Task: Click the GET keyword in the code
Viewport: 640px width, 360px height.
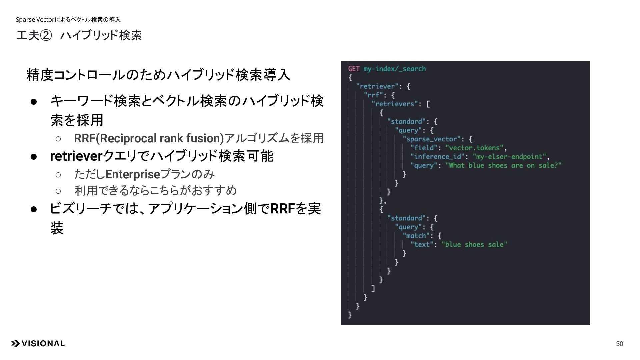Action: tap(354, 69)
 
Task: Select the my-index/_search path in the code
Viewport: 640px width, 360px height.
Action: tap(394, 69)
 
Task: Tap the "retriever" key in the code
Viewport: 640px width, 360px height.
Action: tap(377, 86)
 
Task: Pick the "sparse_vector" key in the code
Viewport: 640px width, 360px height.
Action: tap(431, 139)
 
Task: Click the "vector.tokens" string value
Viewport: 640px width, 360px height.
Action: tap(474, 148)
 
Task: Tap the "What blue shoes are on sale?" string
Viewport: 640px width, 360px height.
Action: tap(503, 166)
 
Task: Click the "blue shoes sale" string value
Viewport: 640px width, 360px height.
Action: tap(474, 245)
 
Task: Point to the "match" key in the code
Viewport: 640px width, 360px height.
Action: tap(416, 236)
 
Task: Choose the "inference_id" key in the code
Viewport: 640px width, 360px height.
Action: tap(437, 157)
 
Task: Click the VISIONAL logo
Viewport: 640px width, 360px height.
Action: tap(38, 344)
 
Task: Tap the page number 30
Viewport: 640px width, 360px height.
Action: tap(619, 344)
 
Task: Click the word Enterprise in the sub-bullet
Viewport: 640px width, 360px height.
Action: tap(133, 174)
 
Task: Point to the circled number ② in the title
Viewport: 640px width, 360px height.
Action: tap(46, 35)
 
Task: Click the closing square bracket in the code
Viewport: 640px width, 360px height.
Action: tap(373, 288)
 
